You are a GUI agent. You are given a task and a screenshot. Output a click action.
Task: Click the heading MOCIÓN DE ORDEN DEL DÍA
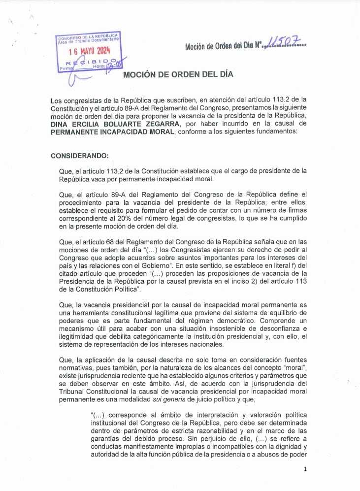coord(178,74)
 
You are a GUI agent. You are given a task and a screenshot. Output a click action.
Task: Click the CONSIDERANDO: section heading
coord(79,156)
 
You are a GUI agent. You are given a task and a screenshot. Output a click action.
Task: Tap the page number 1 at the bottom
coord(305,469)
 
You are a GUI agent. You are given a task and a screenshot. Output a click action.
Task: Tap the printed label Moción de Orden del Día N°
coord(223,46)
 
